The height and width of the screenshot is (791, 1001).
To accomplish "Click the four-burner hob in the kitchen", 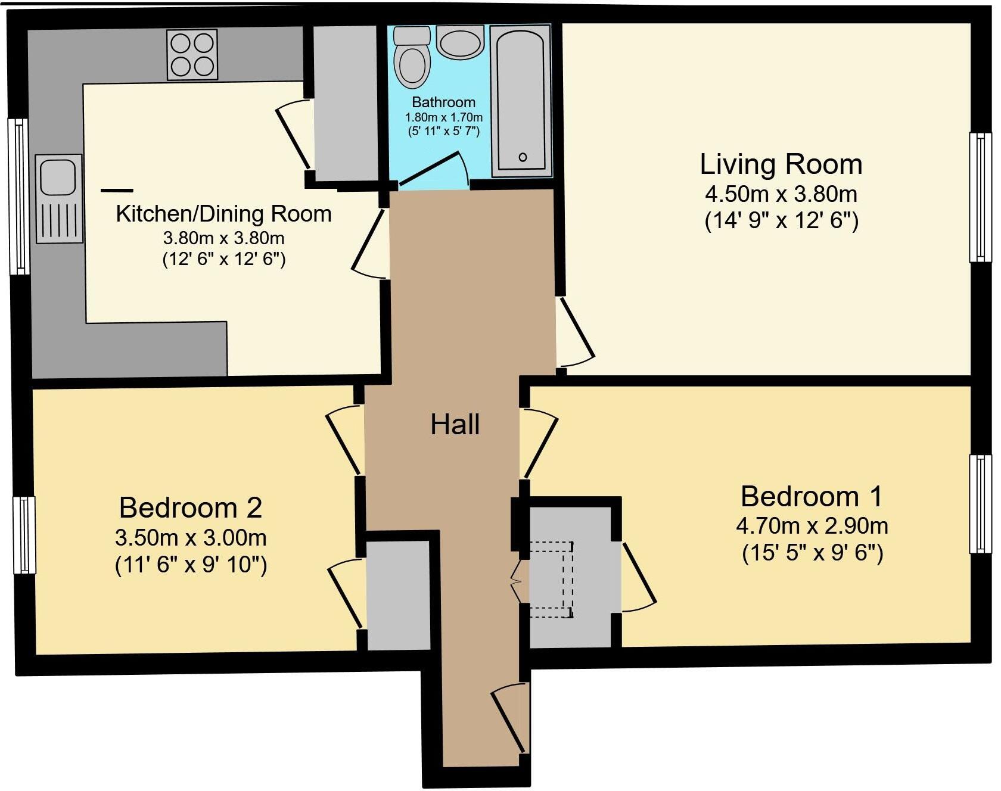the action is pos(192,54).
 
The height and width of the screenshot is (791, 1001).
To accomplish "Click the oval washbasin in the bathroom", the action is pos(460,42).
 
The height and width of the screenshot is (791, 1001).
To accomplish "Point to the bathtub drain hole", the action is pos(523,157).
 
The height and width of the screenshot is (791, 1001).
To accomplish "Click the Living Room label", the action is pos(781,164).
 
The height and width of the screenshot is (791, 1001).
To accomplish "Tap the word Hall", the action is pos(455,425).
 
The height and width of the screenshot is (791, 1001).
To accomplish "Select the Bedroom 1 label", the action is pos(812,496).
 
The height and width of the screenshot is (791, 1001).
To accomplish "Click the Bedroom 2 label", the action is pos(191,507).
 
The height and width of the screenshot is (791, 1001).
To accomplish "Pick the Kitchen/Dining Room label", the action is pos(223,214).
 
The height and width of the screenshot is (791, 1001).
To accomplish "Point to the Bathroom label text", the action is pos(443,102).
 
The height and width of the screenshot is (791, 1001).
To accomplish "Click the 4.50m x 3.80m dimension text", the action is pos(781,194).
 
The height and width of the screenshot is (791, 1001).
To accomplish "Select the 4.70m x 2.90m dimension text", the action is pos(812,526).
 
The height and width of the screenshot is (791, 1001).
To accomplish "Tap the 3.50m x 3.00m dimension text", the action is pos(191,538).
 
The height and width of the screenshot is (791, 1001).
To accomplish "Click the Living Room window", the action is pos(980,197).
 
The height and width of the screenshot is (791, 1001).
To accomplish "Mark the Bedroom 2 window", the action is pos(24,535).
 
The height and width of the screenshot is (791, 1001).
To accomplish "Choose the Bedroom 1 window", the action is pos(980,504).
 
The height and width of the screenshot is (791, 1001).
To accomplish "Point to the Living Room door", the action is pos(575,332).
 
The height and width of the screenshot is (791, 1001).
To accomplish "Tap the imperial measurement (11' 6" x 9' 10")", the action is pos(191,565).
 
